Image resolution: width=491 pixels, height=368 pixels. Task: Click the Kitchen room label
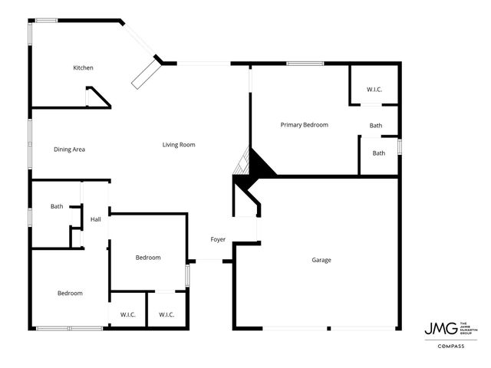tap(83, 68)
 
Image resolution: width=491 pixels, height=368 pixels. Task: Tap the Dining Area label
tap(69, 149)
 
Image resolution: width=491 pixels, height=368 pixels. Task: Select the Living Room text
tap(179, 144)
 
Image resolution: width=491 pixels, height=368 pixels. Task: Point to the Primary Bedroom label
tap(304, 124)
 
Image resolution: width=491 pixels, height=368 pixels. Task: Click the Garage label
tap(321, 260)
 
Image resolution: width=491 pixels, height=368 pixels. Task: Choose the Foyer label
tap(218, 240)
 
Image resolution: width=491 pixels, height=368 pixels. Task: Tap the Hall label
tap(96, 220)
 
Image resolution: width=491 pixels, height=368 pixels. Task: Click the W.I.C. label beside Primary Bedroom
tap(374, 90)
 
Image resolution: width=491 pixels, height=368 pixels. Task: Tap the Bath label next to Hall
tap(57, 206)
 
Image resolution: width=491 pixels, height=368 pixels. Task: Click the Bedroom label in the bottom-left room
tap(70, 293)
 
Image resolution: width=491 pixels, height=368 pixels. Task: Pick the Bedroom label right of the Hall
tap(148, 258)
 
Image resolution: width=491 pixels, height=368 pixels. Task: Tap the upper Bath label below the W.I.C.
tap(376, 126)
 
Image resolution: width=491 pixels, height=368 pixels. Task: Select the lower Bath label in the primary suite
tap(379, 153)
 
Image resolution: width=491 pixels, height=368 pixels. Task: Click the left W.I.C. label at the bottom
tap(128, 314)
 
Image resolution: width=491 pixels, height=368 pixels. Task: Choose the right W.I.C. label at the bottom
tap(166, 314)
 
